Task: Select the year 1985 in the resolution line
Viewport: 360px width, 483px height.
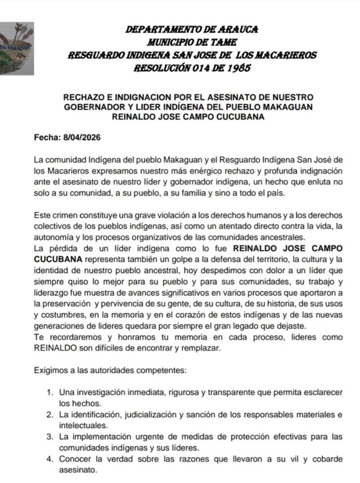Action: point(236,67)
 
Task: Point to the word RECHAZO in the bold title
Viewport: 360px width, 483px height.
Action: point(85,97)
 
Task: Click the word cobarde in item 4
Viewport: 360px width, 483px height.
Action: point(327,459)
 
